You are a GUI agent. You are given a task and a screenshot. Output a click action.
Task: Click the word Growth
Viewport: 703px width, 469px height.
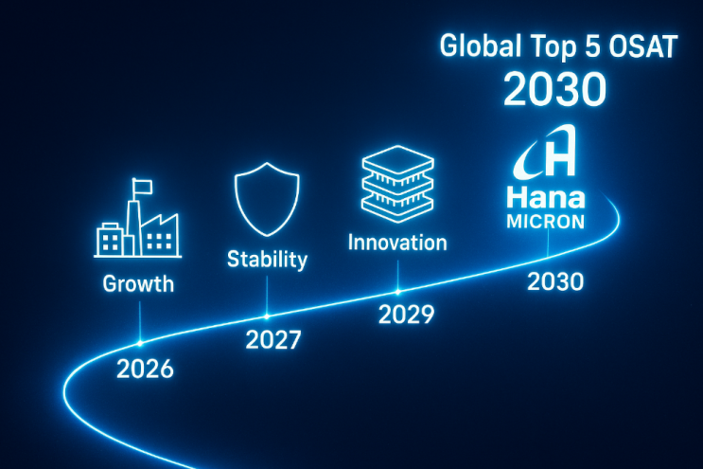click(138, 284)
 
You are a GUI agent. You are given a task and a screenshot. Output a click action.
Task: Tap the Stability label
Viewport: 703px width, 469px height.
click(267, 260)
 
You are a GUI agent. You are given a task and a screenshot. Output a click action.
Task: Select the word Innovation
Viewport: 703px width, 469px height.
click(397, 243)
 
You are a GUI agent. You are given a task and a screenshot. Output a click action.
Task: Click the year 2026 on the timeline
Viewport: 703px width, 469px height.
click(145, 369)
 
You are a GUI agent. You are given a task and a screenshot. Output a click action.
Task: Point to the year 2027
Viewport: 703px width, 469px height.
click(273, 340)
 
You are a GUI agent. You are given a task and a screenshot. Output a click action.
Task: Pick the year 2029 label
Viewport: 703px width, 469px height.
click(406, 315)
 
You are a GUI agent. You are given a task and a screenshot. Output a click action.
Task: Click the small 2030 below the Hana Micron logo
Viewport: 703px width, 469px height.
click(555, 281)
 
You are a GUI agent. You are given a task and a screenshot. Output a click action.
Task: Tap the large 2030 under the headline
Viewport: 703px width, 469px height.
click(555, 89)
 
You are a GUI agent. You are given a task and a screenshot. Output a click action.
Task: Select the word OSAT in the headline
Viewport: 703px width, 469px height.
click(643, 46)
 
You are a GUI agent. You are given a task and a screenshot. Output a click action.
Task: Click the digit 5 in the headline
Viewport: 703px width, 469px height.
click(592, 46)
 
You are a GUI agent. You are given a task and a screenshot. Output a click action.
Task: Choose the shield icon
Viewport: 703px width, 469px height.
click(267, 199)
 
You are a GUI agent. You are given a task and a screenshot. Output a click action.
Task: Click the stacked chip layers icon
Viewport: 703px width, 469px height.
click(397, 185)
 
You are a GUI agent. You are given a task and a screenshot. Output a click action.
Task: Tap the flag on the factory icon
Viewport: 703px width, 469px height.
click(143, 187)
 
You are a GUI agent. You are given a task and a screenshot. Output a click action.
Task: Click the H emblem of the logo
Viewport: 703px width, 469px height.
click(545, 153)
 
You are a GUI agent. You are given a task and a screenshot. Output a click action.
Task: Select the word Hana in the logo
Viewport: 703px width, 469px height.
click(546, 198)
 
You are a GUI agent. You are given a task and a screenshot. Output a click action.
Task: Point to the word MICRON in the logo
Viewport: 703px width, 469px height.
click(546, 222)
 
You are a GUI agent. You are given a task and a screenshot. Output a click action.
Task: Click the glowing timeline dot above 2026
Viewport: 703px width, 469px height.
click(140, 343)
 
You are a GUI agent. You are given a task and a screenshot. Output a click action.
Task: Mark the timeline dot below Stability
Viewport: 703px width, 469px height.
click(267, 316)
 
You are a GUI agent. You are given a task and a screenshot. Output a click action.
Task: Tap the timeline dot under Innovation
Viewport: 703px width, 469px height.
click(397, 292)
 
